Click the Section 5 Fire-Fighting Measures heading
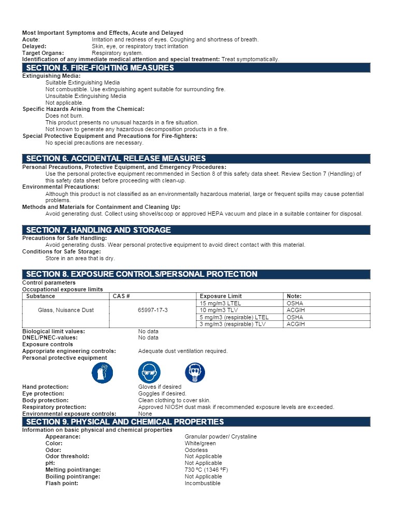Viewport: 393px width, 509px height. coord(100,68)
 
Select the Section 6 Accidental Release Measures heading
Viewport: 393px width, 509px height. coord(115,159)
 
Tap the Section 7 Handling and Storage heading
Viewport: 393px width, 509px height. coord(98,230)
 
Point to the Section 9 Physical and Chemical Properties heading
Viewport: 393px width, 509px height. coord(125,422)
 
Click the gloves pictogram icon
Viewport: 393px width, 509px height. coord(102,373)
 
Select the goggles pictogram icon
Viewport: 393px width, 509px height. coord(149,373)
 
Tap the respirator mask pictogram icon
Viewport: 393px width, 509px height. coord(195,373)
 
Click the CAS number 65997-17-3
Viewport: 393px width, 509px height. coord(153,310)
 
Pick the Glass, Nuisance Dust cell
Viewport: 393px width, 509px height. coord(66,310)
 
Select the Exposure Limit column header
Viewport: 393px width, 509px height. coord(221,296)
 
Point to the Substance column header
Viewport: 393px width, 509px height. coord(40,296)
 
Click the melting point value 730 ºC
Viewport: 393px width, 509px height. coord(206,470)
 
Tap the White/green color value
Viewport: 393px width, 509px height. coord(200,443)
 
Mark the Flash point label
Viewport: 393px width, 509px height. coord(62,483)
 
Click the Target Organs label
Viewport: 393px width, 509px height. coord(43,53)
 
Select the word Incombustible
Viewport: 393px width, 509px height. coord(202,483)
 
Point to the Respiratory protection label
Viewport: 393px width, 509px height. coord(54,407)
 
